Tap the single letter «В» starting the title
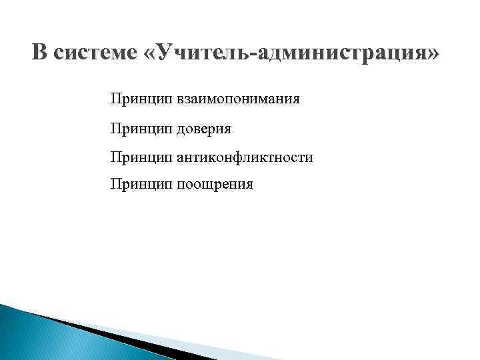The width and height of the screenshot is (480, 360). (39, 53)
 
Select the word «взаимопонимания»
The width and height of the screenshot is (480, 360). (238, 100)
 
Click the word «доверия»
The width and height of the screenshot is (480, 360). (204, 129)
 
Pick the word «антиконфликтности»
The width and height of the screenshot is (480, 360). (245, 157)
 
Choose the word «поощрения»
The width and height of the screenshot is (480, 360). (215, 185)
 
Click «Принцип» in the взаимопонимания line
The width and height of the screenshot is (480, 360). (142, 100)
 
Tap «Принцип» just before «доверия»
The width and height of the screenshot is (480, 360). (142, 129)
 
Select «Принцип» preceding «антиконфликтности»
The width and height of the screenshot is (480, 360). (142, 157)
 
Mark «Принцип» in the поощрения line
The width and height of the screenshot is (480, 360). (142, 185)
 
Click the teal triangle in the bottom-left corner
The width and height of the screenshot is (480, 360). (27, 337)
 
